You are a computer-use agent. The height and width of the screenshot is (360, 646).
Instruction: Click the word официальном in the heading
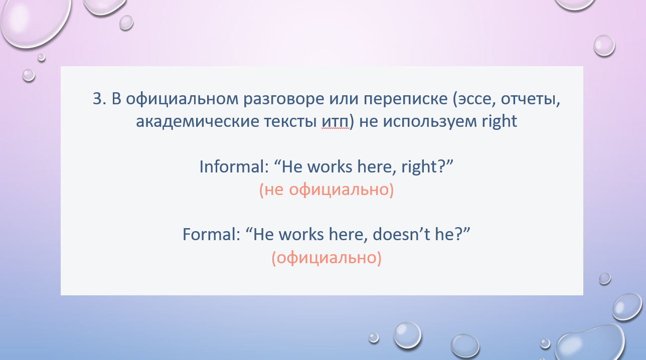[x=182, y=99]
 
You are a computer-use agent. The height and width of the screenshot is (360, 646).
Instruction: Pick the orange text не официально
[x=327, y=190]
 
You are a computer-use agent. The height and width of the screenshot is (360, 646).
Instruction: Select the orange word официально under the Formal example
[x=327, y=258]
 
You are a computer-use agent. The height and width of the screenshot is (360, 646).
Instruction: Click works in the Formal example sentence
[x=301, y=234]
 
